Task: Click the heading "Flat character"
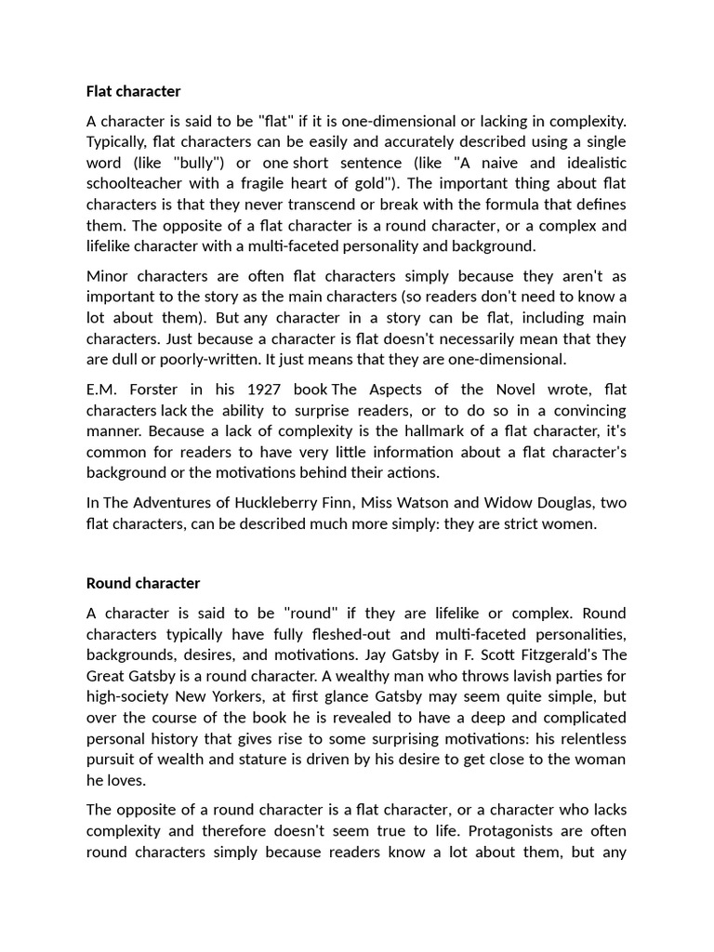(133, 91)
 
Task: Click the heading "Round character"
(142, 583)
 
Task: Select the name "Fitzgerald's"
(515, 654)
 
